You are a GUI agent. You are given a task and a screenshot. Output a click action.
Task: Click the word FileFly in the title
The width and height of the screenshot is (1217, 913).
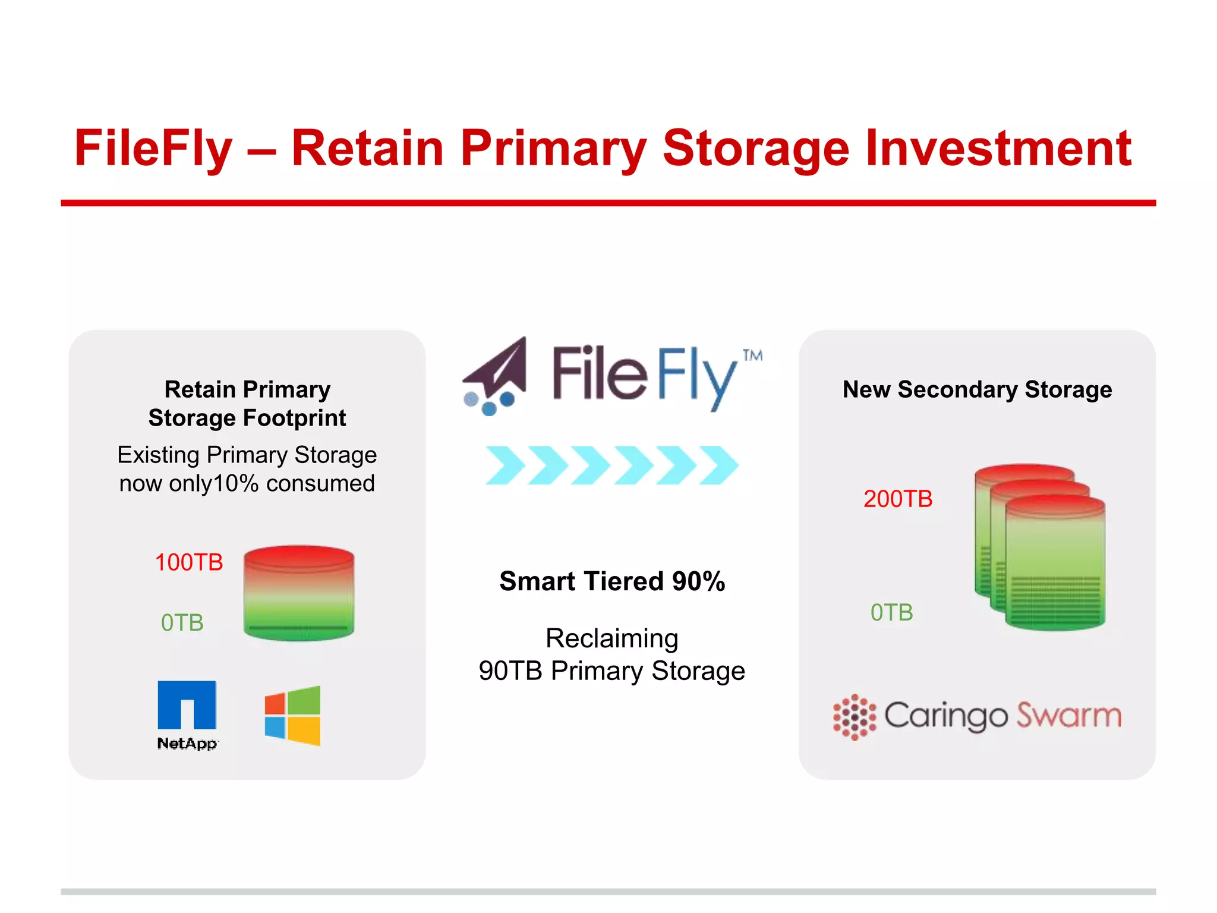[153, 149]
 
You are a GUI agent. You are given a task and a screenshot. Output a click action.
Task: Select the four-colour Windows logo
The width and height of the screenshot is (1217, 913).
[292, 716]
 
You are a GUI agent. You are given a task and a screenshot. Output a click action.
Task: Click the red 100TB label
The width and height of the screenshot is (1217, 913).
[189, 562]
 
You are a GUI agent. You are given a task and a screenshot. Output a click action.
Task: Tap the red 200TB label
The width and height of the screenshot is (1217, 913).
[898, 499]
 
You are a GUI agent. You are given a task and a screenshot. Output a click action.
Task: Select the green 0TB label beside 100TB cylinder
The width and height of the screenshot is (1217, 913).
[182, 623]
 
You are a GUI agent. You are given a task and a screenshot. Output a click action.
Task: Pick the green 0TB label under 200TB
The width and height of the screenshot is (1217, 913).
[891, 612]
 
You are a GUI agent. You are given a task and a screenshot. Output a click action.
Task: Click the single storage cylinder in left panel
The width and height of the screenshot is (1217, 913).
[299, 593]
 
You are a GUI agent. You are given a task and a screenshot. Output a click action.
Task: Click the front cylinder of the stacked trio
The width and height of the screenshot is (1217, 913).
[1055, 565]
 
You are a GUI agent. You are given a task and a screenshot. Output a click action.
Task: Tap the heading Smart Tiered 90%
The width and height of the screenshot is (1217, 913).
[612, 581]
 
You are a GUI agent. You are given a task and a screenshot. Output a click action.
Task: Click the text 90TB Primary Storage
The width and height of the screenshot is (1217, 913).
[612, 671]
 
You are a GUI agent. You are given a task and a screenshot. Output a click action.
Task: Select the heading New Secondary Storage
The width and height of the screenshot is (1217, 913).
[977, 390]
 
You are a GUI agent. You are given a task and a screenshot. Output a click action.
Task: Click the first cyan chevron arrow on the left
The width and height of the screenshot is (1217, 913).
[505, 465]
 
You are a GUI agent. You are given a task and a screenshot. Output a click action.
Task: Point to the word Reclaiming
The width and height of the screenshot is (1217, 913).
[612, 638]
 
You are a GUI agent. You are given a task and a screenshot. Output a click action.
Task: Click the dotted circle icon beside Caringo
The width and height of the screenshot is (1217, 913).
[855, 717]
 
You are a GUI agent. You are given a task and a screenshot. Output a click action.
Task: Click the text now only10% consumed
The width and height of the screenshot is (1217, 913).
[247, 484]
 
